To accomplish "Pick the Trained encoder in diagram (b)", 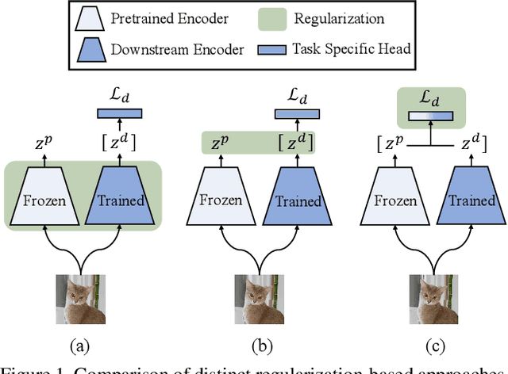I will pos(296,200).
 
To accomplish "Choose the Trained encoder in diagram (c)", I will pos(467,200).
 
